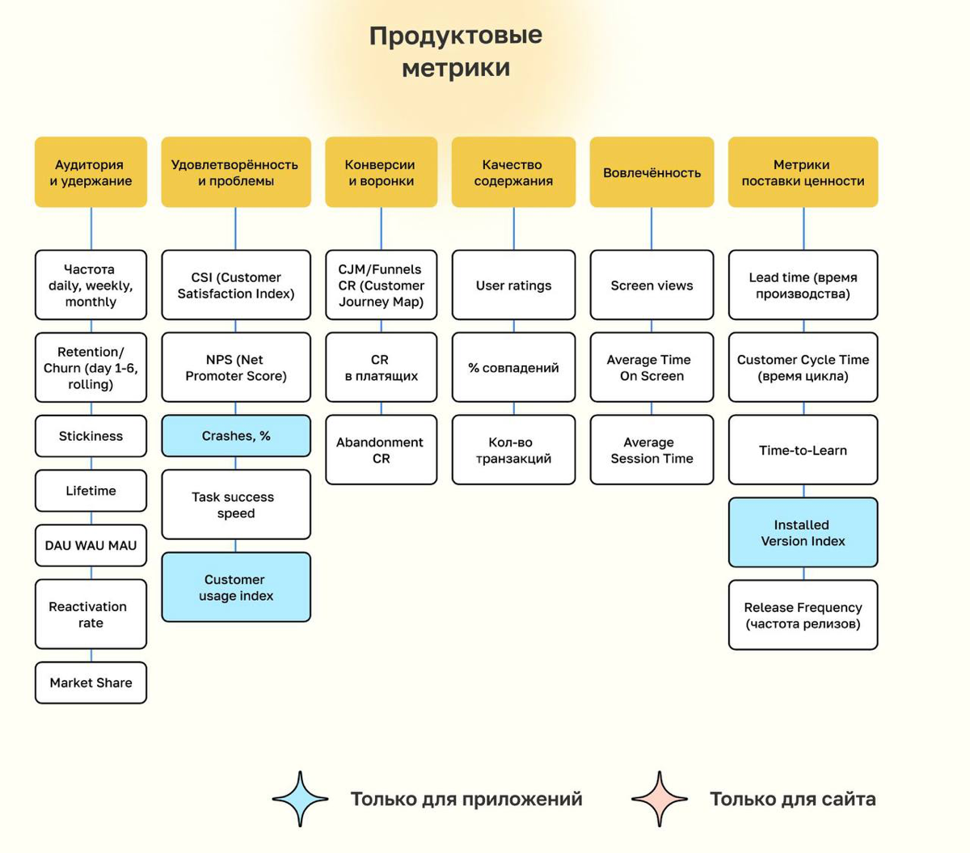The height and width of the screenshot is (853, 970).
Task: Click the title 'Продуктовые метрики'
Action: click(x=456, y=51)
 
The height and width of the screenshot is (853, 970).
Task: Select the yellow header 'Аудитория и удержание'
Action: click(x=91, y=172)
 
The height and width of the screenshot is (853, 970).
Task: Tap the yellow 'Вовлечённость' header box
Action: click(x=652, y=172)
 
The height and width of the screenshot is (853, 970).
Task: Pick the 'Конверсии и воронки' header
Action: click(x=381, y=172)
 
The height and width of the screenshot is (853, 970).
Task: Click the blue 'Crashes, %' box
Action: click(x=236, y=436)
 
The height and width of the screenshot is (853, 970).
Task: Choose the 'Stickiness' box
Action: click(x=91, y=436)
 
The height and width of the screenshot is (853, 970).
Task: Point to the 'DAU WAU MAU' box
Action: click(x=91, y=545)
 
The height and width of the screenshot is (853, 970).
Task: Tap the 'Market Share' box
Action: click(x=91, y=682)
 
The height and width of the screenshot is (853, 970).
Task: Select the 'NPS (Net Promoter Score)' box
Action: click(x=236, y=367)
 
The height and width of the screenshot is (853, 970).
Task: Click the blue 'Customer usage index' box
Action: click(x=236, y=587)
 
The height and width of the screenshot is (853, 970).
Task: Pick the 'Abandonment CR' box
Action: click(x=381, y=450)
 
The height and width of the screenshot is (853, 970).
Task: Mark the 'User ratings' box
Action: click(x=513, y=285)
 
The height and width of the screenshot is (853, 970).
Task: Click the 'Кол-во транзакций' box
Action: click(x=513, y=450)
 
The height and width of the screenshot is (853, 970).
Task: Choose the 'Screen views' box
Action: click(x=652, y=285)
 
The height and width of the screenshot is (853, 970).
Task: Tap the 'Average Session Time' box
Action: click(x=652, y=450)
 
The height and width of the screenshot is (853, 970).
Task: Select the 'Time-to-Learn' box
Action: click(x=803, y=450)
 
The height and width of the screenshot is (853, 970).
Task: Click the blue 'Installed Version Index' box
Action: click(x=803, y=532)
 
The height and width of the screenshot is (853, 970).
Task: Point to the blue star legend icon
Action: click(x=301, y=799)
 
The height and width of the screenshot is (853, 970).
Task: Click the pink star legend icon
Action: click(x=660, y=799)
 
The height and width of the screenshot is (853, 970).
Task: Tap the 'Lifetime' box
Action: click(x=91, y=491)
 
